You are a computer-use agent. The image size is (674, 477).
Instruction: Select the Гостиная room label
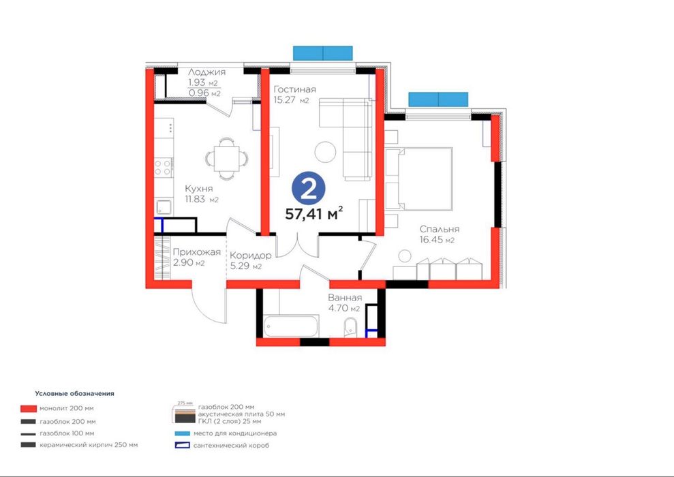click(294, 89)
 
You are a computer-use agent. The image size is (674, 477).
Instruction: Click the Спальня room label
click(440, 229)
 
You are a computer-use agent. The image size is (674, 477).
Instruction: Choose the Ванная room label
click(345, 297)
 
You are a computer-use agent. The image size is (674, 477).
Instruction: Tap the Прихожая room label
click(196, 252)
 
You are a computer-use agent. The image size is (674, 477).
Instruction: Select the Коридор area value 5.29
click(240, 266)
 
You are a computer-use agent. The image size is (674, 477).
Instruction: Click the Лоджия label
click(206, 72)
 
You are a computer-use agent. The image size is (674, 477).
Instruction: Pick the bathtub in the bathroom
click(291, 326)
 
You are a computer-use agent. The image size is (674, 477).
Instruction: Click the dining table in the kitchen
click(226, 159)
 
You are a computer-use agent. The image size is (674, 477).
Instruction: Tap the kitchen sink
click(164, 207)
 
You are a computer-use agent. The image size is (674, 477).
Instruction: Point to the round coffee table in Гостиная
click(325, 152)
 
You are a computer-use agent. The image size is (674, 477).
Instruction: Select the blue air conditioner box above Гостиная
click(323, 53)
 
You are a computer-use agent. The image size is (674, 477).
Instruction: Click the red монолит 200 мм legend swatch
click(29, 408)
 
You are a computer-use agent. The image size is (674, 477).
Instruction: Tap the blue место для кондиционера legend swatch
click(182, 433)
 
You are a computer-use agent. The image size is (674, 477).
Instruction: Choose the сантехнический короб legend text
click(231, 446)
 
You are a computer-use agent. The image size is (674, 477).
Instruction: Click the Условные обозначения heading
click(75, 393)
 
